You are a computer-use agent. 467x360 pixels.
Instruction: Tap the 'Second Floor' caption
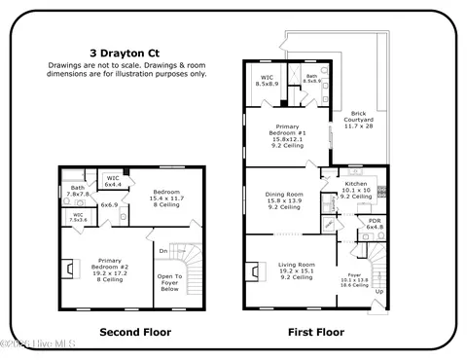coord(135,332)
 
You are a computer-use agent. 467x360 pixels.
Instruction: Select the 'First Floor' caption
coord(316,332)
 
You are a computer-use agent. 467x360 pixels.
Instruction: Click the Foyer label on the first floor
coord(354,279)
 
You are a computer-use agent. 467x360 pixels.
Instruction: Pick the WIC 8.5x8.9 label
coord(268,81)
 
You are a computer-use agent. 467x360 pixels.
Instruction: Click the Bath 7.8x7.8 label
coord(78,191)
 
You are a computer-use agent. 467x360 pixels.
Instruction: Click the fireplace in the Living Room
coord(255,271)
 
